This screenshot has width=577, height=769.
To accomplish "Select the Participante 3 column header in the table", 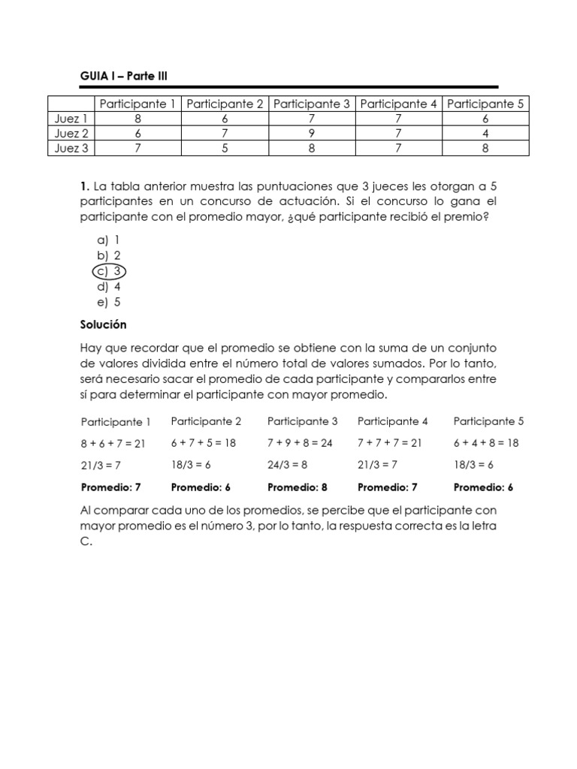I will coord(312,104).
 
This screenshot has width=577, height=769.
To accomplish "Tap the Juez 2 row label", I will coord(71,133).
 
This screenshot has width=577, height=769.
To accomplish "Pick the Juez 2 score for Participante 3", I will coord(312,133).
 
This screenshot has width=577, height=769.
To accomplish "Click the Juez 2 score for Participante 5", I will coord(485,133).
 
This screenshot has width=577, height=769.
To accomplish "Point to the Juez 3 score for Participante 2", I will coord(225,148).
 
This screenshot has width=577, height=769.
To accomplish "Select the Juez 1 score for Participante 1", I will coord(137,119).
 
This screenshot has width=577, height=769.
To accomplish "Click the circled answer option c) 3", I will coord(110,271).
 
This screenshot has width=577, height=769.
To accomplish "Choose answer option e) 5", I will coord(109,303).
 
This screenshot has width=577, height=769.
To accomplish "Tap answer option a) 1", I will coord(109,240).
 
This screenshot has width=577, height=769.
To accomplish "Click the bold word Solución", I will coord(103,325).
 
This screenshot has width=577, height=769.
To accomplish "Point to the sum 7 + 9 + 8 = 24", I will coord(300,443).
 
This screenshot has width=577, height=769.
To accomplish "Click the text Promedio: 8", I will coord(298,487).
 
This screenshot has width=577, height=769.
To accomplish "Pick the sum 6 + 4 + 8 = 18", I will coord(486,443).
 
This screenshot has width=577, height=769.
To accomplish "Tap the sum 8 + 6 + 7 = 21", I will coord(113,444).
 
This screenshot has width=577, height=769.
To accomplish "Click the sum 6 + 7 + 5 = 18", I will coord(204,443).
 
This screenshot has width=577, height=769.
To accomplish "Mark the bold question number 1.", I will coord(83,186).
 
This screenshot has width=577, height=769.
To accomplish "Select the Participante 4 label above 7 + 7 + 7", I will coord(393,421).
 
